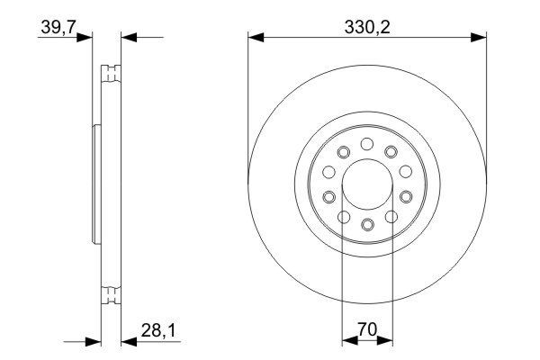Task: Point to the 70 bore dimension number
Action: pyautogui.click(x=366, y=329)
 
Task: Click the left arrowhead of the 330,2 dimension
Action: pyautogui.click(x=255, y=38)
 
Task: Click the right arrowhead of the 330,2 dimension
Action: pyautogui.click(x=480, y=38)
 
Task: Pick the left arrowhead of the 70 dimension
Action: pyautogui.click(x=348, y=341)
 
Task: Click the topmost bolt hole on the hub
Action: pyautogui.click(x=366, y=143)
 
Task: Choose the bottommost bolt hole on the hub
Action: pyautogui.click(x=366, y=225)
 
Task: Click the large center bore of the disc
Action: pyautogui.click(x=366, y=184)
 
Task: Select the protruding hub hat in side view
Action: pyautogui.click(x=96, y=184)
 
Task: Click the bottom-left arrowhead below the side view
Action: pyautogui.click(x=93, y=341)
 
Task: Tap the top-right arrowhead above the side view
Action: pyautogui.click(x=126, y=38)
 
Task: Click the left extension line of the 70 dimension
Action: pyautogui.click(x=343, y=279)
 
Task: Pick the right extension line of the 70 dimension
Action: pyautogui.click(x=391, y=279)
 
